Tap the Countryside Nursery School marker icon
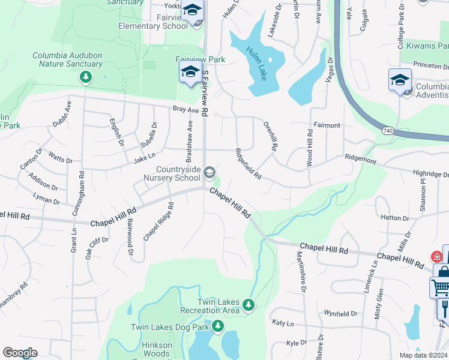click(209, 173)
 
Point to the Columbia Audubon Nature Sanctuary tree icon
click(86, 77)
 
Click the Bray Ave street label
click(185, 110)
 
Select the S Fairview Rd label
click(205, 93)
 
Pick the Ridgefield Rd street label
click(249, 164)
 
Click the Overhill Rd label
click(271, 136)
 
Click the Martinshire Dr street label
click(301, 274)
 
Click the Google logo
click(20, 353)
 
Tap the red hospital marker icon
click(436, 257)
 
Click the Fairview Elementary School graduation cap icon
click(193, 10)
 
